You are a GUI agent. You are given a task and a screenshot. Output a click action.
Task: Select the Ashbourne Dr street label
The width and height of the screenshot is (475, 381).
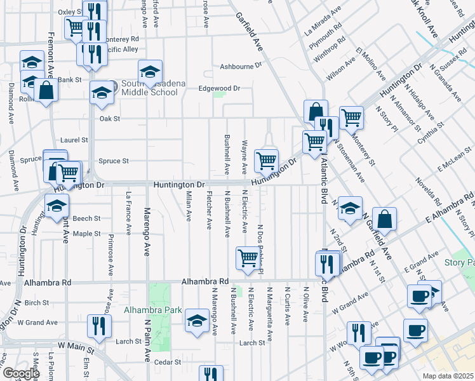[x=241, y=66]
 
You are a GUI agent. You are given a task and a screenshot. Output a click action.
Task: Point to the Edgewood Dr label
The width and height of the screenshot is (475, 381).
[x=219, y=89]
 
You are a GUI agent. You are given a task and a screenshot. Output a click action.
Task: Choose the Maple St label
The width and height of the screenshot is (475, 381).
[x=86, y=234]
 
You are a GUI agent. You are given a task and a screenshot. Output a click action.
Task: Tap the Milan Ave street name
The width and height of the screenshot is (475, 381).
[x=189, y=208]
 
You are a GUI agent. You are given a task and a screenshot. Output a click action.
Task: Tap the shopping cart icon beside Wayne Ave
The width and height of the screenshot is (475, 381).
[x=266, y=160]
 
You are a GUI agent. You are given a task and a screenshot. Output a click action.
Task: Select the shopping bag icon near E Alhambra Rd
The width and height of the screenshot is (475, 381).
[x=384, y=219]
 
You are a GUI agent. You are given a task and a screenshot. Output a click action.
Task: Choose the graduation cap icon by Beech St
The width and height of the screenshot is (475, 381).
[x=57, y=206]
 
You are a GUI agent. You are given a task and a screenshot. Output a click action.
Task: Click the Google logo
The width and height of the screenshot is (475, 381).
[x=20, y=373]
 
